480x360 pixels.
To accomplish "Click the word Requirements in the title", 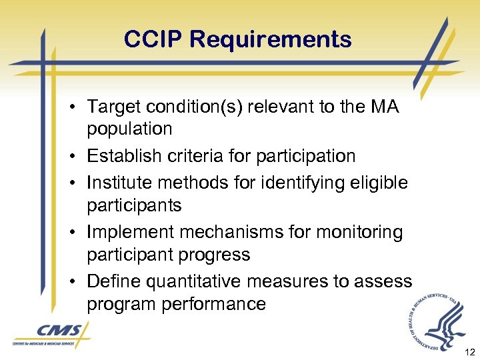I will click(271, 39).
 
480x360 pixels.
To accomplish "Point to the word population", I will click(129, 129).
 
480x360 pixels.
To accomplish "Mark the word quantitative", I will click(196, 282).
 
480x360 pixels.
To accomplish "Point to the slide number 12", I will click(468, 351).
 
